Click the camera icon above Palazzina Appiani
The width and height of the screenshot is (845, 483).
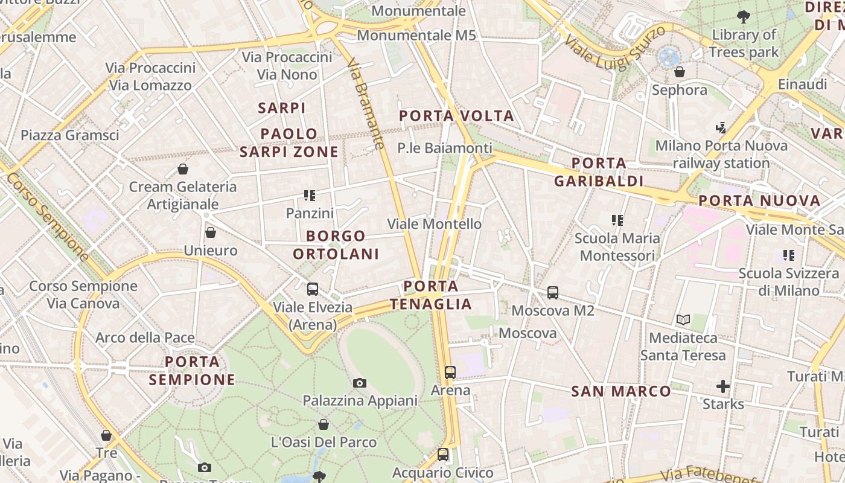coord(360,383)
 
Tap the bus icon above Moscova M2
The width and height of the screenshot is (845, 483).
coord(552,293)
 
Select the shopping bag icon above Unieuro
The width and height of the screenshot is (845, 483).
coord(211,232)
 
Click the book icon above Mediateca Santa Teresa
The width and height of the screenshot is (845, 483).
coord(683,319)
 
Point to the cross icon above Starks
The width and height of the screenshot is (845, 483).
coord(722,386)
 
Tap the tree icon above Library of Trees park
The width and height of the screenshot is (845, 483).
coord(744,16)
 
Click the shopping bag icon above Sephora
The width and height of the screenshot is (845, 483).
coord(680,72)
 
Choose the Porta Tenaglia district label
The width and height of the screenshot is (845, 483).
coord(431,295)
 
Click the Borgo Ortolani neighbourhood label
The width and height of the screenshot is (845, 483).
coord(336,245)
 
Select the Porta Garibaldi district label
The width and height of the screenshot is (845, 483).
coord(599,172)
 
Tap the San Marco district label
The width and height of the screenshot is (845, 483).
coord(621,391)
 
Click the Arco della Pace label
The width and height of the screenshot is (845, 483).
coord(145,337)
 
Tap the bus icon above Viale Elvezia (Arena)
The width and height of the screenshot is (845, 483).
coord(313,289)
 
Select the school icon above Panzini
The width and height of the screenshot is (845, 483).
coord(310,196)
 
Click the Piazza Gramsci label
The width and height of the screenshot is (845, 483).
coord(70,135)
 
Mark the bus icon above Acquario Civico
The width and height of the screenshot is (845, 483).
coord(443,455)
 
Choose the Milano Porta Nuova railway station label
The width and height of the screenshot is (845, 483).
coord(721,154)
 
